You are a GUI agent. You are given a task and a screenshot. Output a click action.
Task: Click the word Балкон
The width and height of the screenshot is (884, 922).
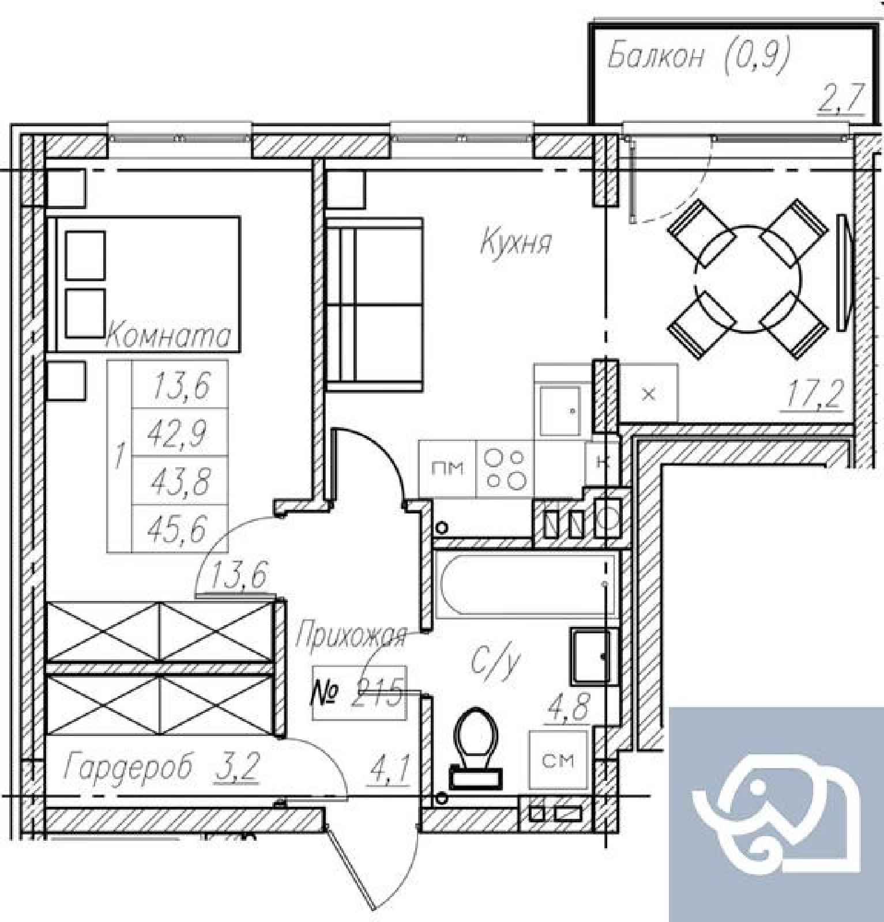pyautogui.click(x=656, y=56)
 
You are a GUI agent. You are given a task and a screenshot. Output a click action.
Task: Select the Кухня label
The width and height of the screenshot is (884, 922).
pyautogui.click(x=516, y=241)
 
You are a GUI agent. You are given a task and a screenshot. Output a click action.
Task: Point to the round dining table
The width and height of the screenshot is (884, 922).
pyautogui.click(x=747, y=279)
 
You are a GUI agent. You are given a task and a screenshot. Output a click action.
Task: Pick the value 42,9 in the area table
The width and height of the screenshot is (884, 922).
pyautogui.click(x=178, y=433)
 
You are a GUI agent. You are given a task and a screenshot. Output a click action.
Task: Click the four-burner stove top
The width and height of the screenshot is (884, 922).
pyautogui.click(x=505, y=468)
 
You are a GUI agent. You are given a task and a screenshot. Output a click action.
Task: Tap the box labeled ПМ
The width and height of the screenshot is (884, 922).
pyautogui.click(x=447, y=468)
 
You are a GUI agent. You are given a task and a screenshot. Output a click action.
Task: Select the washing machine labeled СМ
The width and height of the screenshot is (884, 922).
pyautogui.click(x=558, y=760)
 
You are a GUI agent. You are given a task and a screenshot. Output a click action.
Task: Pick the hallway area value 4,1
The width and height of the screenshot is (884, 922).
pyautogui.click(x=391, y=769)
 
